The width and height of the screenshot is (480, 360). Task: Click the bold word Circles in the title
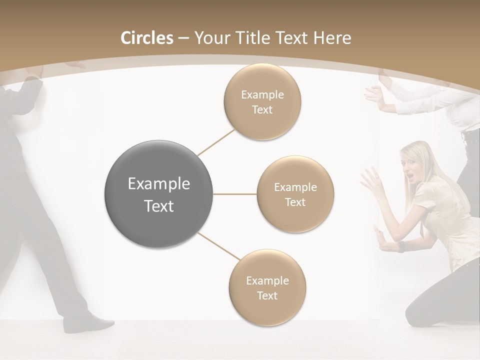click(x=147, y=38)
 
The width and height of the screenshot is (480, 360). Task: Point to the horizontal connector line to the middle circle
click(x=235, y=194)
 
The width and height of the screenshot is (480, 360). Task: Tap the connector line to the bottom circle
click(x=218, y=246)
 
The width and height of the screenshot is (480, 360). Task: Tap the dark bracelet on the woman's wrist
click(x=401, y=246)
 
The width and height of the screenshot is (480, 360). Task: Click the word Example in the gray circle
click(x=159, y=184)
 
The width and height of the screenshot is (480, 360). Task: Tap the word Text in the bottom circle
click(x=267, y=296)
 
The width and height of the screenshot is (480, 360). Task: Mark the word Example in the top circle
click(x=262, y=95)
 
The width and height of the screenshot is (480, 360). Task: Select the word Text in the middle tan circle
click(x=295, y=202)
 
